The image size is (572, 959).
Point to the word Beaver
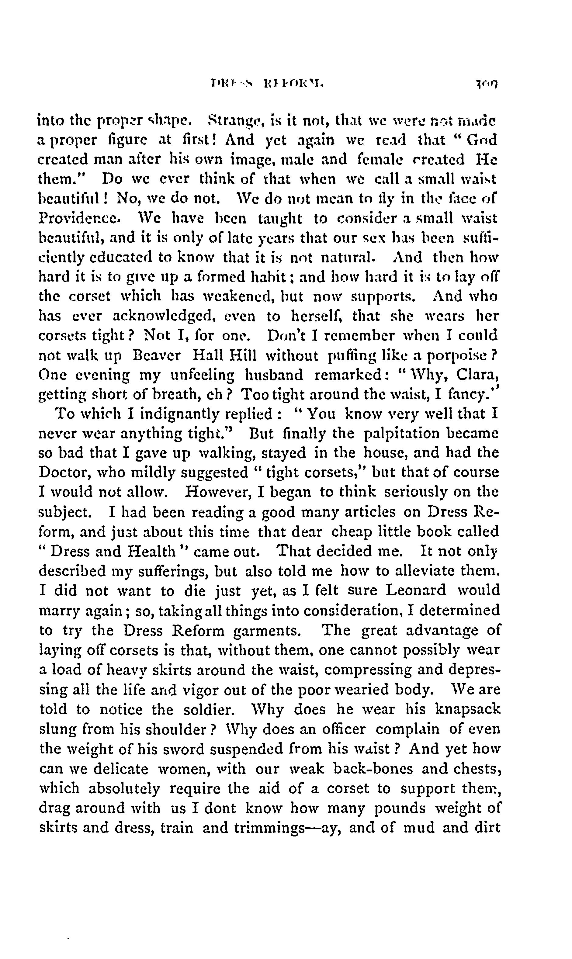tap(156, 355)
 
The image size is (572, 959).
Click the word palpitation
tap(402, 434)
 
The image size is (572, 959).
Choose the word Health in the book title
tap(151, 551)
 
